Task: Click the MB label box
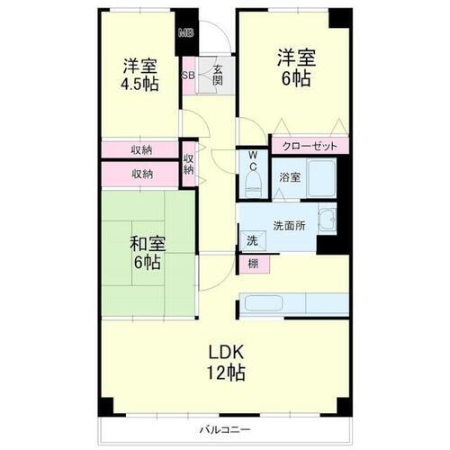tap(186, 34)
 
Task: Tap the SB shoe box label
tap(190, 76)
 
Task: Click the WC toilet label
tap(251, 166)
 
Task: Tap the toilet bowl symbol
tap(252, 185)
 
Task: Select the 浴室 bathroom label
tap(288, 177)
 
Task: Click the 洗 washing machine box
tap(252, 241)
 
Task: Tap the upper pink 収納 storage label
tap(141, 149)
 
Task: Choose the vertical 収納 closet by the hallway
tap(189, 164)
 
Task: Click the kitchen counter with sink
tap(292, 304)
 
